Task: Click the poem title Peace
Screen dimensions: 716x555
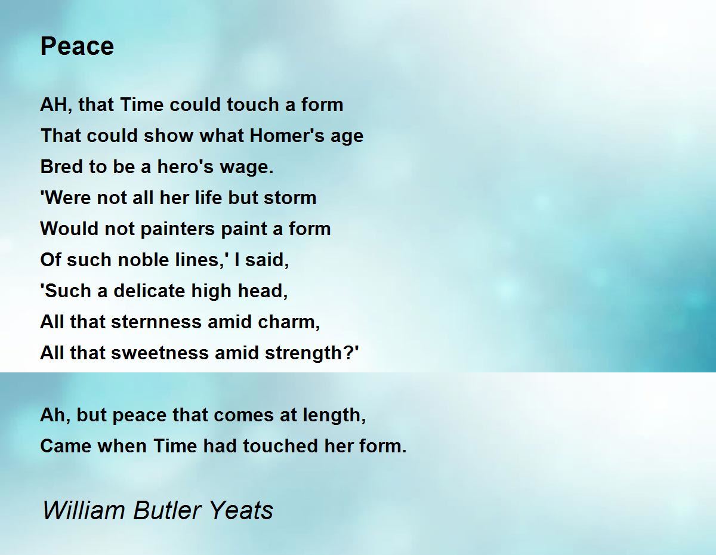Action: tap(77, 46)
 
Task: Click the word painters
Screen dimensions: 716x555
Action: tap(178, 229)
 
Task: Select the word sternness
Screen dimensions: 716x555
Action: tap(156, 322)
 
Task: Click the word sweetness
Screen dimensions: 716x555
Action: tap(160, 353)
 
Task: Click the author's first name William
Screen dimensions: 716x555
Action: tap(84, 510)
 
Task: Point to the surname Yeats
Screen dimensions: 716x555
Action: tap(241, 510)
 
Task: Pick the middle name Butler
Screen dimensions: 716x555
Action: tap(167, 510)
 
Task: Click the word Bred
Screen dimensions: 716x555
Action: tap(61, 166)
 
